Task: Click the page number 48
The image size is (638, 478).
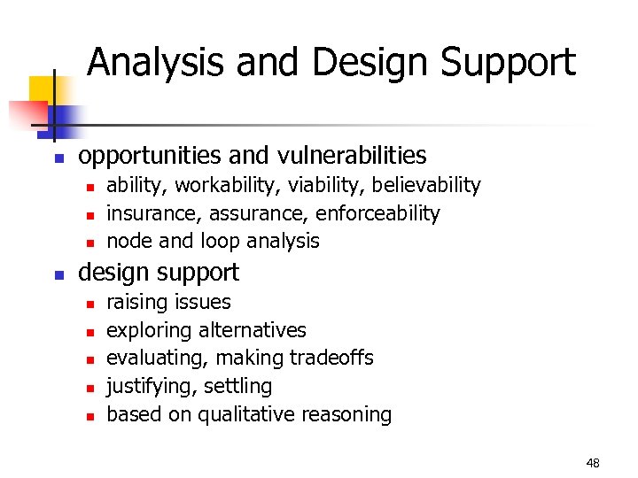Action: click(x=593, y=462)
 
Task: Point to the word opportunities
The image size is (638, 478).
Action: click(x=150, y=157)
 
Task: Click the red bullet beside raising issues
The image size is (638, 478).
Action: click(x=89, y=304)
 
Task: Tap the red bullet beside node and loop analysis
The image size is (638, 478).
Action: click(x=89, y=243)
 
